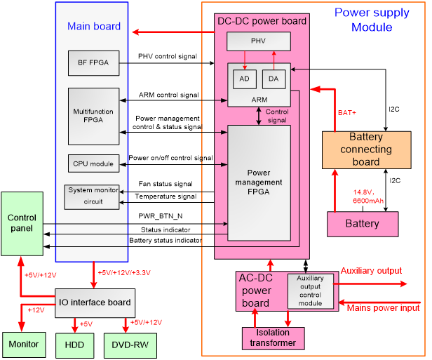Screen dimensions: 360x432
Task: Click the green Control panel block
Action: (22, 223)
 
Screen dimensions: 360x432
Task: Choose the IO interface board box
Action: (94, 302)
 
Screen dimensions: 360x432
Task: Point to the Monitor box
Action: (25, 344)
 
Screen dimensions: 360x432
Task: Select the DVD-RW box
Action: (130, 344)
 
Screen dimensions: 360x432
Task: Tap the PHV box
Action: (259, 41)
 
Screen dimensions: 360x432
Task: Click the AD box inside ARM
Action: (244, 79)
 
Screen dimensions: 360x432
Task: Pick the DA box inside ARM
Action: (273, 79)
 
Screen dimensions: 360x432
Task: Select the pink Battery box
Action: (363, 223)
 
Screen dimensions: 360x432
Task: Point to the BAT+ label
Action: (348, 112)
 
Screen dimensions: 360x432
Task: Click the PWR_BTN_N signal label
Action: (161, 216)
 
